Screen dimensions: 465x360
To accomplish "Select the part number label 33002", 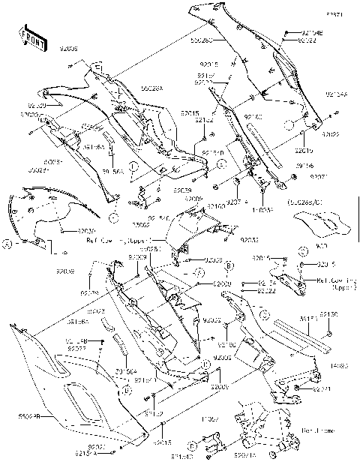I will coord(141,224).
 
